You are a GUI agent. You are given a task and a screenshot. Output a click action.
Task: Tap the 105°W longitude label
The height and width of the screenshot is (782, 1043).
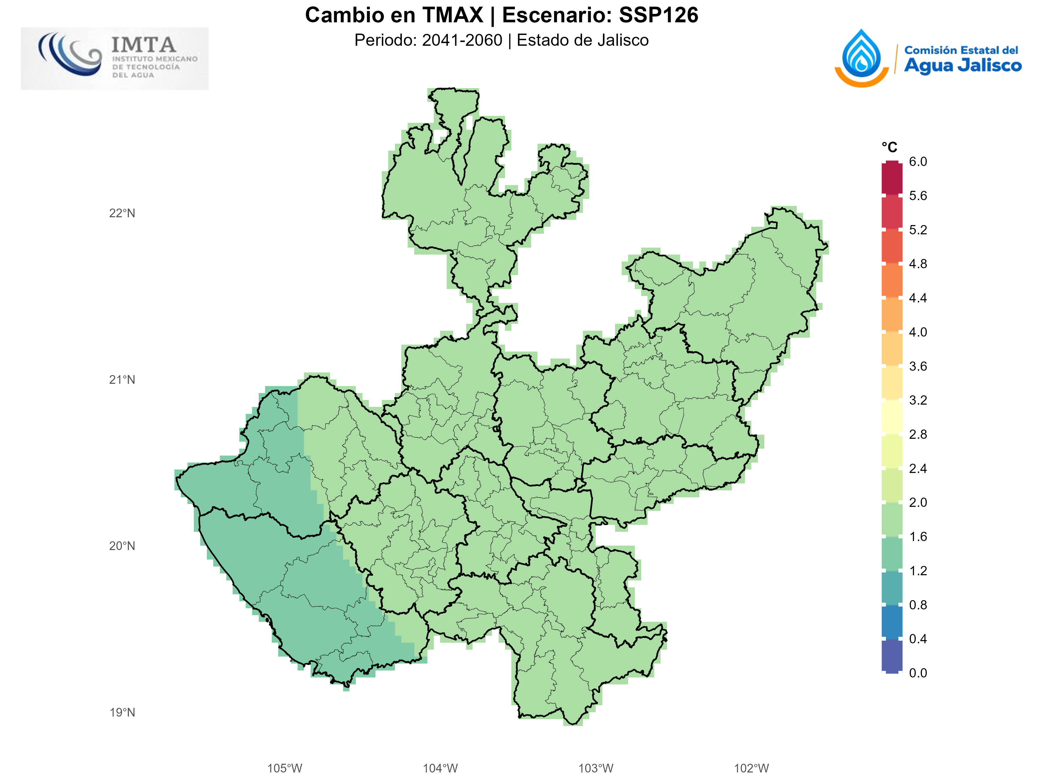coord(284,768)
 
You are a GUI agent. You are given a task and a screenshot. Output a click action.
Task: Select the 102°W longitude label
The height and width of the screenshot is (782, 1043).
coord(751,768)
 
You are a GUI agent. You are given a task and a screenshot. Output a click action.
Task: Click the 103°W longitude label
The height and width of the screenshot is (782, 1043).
coord(596,768)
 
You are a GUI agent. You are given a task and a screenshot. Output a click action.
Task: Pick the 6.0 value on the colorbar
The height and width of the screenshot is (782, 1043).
coord(918,162)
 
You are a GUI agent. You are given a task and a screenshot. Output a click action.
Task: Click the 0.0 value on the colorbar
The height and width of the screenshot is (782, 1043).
coord(918,673)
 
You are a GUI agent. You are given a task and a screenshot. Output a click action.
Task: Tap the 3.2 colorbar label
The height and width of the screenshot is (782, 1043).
coord(918,400)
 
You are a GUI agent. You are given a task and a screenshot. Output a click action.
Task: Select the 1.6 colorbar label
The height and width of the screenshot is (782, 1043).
coord(918,536)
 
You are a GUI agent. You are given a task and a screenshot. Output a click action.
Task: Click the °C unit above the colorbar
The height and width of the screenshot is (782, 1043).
coord(889,147)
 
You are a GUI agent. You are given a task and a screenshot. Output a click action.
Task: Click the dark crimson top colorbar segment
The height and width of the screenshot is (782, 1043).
coord(892,178)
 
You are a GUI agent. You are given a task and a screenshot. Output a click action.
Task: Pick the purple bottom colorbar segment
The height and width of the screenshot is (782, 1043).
coord(892,656)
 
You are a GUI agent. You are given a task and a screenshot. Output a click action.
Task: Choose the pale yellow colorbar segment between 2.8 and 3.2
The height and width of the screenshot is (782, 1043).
coord(892,417)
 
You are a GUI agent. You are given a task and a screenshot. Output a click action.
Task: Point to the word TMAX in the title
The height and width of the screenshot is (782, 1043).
coord(453,15)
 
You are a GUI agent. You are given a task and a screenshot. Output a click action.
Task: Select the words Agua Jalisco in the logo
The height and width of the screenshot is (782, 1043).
coord(962,65)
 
